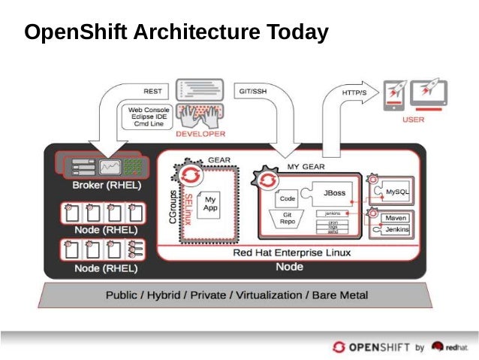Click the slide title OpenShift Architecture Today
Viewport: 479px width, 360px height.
pyautogui.click(x=176, y=33)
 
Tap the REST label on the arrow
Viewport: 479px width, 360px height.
pyautogui.click(x=152, y=92)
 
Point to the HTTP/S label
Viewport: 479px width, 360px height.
pyautogui.click(x=354, y=92)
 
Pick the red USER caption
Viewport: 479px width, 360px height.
pyautogui.click(x=414, y=119)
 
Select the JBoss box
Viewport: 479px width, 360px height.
pyautogui.click(x=334, y=193)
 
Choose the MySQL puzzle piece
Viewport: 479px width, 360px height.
pyautogui.click(x=396, y=192)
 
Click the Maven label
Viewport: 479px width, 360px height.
pyautogui.click(x=396, y=218)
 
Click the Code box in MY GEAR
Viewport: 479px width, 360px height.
pyautogui.click(x=287, y=199)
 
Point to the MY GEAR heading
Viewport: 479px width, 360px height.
pyautogui.click(x=307, y=165)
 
